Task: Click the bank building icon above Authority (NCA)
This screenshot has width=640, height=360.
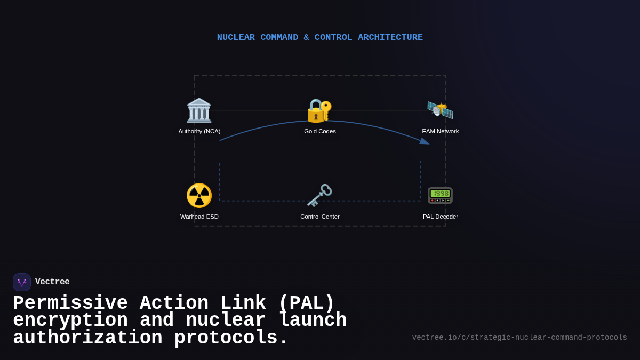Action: point(199,110)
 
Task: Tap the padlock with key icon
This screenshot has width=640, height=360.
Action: point(319,110)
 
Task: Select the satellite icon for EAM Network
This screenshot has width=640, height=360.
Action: point(440,110)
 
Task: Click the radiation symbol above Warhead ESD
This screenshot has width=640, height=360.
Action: point(199,195)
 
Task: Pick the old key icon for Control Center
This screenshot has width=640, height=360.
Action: point(319,195)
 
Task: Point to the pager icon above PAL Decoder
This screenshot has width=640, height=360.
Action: point(440,195)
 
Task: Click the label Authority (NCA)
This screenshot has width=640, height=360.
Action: point(199,131)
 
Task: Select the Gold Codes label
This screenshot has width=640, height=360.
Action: point(320,131)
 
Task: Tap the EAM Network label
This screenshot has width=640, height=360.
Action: point(440,131)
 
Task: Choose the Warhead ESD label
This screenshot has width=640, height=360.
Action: point(199,217)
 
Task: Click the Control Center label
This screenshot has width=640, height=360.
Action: point(320,217)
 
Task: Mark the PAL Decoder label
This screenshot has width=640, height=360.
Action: point(440,217)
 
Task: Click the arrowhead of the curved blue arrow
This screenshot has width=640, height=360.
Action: point(425,141)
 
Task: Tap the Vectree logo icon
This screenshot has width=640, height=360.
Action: point(22,282)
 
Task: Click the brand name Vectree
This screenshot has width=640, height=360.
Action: point(52,282)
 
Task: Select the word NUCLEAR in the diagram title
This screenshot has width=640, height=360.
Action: point(236,38)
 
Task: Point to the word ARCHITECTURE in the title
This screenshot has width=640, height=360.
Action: point(390,38)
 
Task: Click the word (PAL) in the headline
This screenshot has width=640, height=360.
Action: point(306,303)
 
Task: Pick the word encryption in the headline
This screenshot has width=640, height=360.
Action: point(70,321)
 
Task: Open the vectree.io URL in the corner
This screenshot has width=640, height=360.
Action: point(519,338)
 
